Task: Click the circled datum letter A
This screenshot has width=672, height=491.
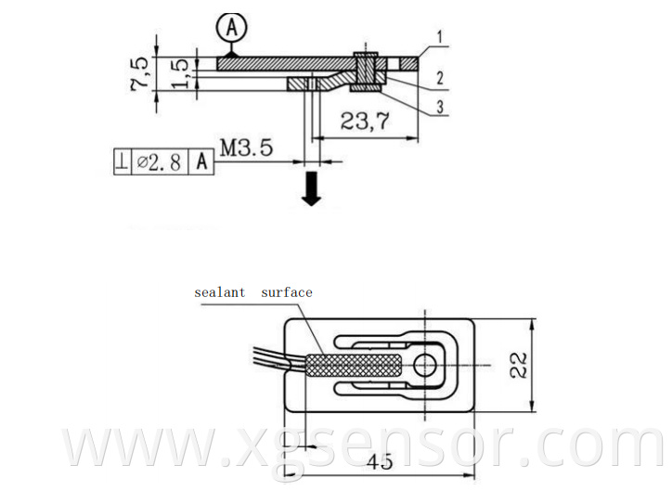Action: coord(232,28)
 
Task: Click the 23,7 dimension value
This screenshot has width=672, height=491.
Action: coord(365,121)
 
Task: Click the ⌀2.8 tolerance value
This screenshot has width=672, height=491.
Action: coord(161,162)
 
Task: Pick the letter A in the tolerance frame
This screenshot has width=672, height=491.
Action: coord(201,162)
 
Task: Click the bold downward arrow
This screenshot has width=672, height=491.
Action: coord(313,189)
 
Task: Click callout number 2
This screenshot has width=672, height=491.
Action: coord(439,77)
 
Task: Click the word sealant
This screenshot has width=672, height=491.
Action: coord(220,292)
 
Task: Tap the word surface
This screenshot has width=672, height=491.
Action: coord(286,292)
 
